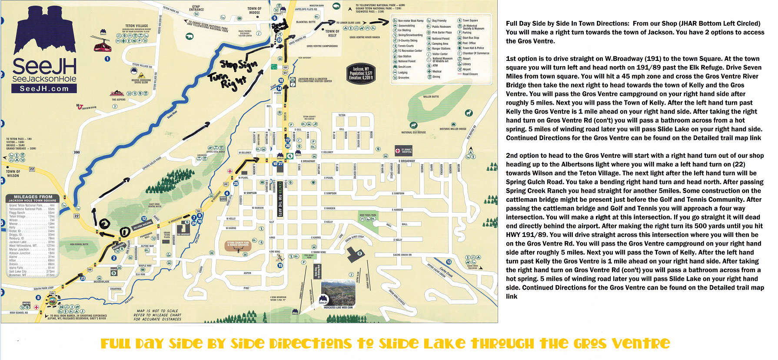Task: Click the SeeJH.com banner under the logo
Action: [44, 89]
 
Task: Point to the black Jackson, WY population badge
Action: [361, 73]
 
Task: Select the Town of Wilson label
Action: [13, 173]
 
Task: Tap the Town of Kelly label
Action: [332, 33]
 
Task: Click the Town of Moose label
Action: [254, 10]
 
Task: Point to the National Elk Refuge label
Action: [413, 132]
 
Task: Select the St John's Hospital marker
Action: [403, 151]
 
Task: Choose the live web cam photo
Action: [338, 293]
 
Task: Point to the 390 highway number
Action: [76, 152]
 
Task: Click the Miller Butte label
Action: [431, 97]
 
